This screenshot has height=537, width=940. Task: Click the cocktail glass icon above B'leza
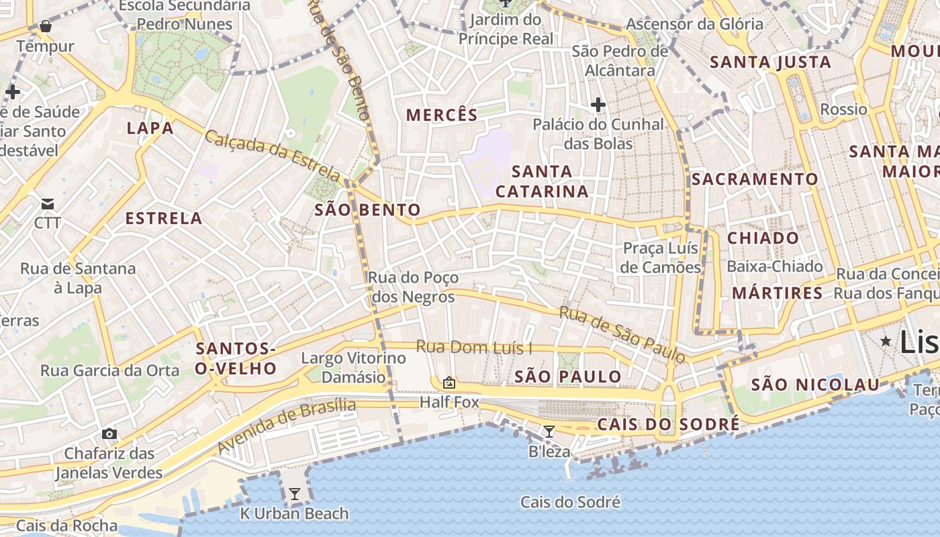tap(549, 431)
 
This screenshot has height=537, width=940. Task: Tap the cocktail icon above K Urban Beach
tap(294, 494)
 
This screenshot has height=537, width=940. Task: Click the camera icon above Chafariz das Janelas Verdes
tap(109, 434)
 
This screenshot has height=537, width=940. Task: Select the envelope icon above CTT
tap(48, 203)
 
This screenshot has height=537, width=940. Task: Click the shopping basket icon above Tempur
tap(46, 26)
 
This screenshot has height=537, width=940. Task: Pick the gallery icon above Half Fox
tap(449, 383)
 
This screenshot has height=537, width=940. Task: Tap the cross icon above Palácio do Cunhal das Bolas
tap(598, 105)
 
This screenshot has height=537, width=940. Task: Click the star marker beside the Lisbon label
tap(886, 341)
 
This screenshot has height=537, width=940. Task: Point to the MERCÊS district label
tap(442, 115)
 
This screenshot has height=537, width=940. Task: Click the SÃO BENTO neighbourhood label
tap(367, 210)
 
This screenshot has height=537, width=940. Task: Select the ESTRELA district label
tap(164, 218)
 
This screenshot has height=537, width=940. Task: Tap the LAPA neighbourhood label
tap(150, 128)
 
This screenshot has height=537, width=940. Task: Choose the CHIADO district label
tap(763, 238)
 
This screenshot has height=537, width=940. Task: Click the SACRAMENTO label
tap(755, 179)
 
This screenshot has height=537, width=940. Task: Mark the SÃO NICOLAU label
tap(815, 385)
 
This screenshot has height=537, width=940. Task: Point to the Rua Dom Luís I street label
tap(474, 347)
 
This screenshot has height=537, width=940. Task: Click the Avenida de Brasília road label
tap(287, 426)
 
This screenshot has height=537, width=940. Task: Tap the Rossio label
tap(844, 109)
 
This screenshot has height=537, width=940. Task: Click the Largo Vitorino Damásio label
tap(353, 367)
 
